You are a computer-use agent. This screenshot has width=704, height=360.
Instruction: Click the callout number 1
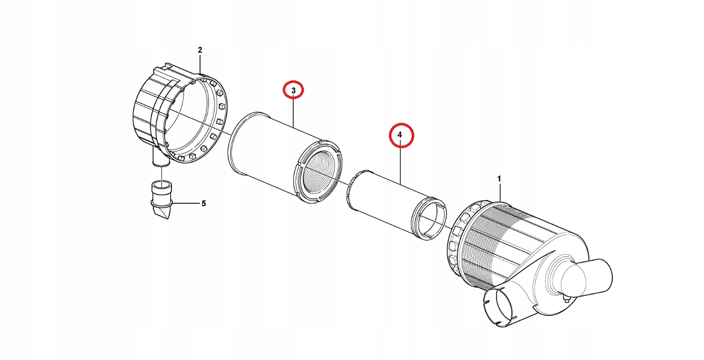[x=499, y=179]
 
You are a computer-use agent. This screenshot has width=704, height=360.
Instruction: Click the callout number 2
[x=200, y=50]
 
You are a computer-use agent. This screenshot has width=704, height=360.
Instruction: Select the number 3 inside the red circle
[x=293, y=91]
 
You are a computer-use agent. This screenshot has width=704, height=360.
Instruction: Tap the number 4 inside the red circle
[x=400, y=135]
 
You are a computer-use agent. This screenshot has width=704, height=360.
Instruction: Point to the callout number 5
[x=204, y=204]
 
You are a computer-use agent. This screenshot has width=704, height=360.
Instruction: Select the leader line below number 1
[x=499, y=193]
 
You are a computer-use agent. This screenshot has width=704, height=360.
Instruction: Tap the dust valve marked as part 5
[x=162, y=200]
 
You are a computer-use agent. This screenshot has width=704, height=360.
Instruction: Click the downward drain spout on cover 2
[x=161, y=157]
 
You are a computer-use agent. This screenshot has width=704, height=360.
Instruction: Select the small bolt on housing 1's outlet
[x=566, y=299]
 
